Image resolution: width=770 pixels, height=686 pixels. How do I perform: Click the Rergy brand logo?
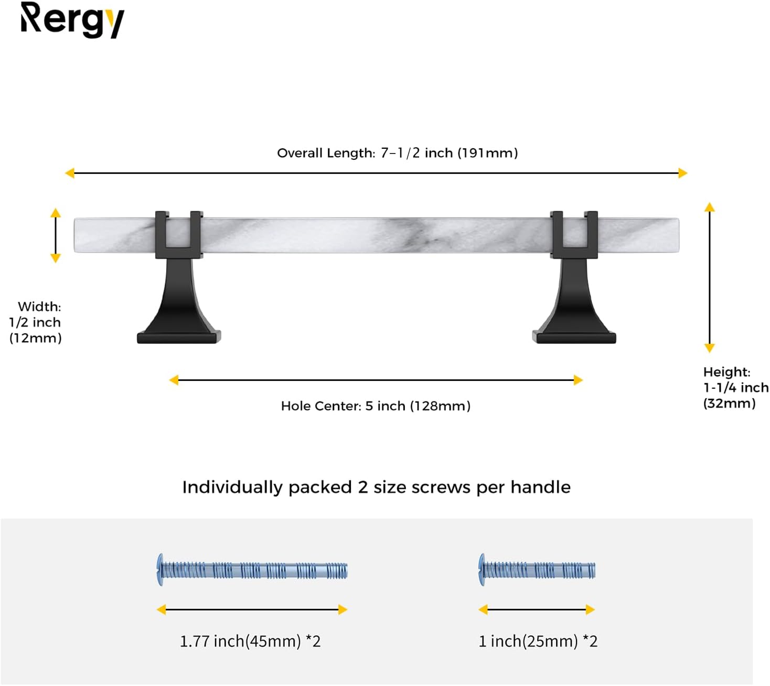(72, 20)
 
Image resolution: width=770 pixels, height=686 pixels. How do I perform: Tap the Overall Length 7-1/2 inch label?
(397, 153)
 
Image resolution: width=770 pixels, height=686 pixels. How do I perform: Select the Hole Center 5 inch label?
(376, 406)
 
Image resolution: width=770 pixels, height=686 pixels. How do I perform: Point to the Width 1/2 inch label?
(35, 322)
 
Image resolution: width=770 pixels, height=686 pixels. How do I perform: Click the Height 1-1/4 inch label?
(736, 387)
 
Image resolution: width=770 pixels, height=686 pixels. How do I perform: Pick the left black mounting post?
(179, 277)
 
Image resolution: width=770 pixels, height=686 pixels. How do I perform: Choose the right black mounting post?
(574, 277)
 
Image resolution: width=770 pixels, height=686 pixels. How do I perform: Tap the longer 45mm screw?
(252, 570)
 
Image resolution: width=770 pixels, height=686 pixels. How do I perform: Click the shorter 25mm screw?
(537, 570)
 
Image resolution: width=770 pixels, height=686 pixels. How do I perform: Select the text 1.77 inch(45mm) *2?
(250, 641)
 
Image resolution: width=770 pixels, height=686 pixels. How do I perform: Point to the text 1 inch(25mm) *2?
(538, 641)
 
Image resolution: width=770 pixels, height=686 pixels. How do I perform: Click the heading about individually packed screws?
(376, 487)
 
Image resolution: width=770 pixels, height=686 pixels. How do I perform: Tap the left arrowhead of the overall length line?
(70, 173)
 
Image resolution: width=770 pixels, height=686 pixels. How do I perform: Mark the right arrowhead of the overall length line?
(683, 173)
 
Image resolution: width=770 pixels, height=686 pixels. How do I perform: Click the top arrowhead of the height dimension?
(710, 208)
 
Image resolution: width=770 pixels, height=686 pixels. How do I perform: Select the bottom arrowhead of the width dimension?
(56, 258)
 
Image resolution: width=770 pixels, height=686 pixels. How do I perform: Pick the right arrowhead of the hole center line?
(578, 380)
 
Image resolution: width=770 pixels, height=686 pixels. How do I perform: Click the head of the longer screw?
(160, 570)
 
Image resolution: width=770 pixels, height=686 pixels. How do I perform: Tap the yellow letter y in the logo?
(115, 24)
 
